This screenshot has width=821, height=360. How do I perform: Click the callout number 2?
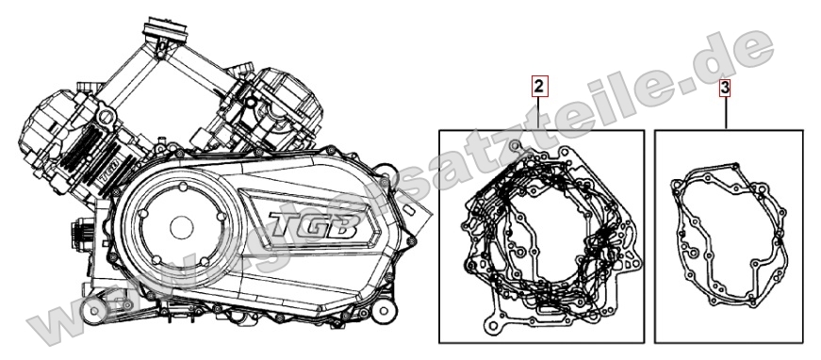(x=537, y=89)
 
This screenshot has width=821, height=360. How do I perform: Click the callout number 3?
(x=725, y=89)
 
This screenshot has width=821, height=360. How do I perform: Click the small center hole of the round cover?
(x=178, y=230)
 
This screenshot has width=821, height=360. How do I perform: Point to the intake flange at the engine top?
(x=167, y=34)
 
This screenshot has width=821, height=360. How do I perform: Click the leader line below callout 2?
(x=537, y=114)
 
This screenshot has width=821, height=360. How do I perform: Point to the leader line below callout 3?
(x=725, y=114)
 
